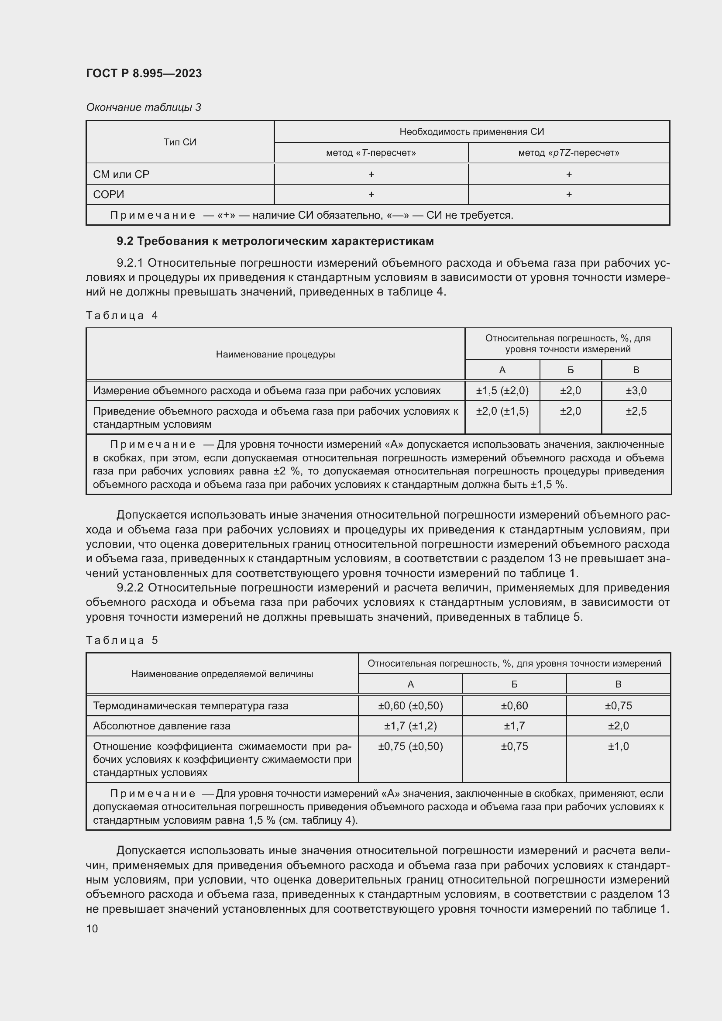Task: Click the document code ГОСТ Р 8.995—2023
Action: coord(144,73)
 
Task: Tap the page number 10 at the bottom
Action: coord(92,928)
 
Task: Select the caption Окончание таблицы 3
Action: coord(143,107)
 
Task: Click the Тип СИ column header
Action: coord(179,142)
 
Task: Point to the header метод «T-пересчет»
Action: coord(371,153)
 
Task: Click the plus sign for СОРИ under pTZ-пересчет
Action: coord(569,194)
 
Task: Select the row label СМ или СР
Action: coord(121,174)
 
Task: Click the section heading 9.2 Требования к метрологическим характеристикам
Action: coord(275,241)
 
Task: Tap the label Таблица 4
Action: coord(122,315)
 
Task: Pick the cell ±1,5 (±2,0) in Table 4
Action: coord(502,390)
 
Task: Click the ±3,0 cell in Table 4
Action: coord(636,390)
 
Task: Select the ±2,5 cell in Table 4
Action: coord(636,411)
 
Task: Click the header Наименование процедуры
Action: coord(275,354)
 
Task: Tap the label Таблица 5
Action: coord(122,640)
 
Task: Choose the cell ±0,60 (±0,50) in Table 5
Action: coord(410,705)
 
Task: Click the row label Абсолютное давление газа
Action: coord(162,726)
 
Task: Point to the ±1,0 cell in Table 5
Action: coord(618,746)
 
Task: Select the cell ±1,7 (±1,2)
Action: coord(410,726)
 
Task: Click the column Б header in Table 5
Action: coord(514,684)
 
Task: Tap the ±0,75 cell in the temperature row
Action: coord(618,705)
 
